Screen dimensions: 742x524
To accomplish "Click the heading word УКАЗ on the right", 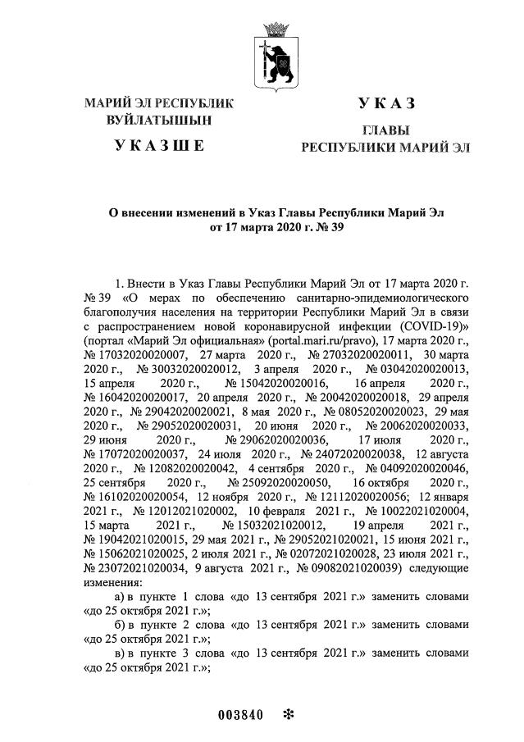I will coord(385,103).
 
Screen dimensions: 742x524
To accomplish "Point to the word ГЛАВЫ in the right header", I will coord(385,130).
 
